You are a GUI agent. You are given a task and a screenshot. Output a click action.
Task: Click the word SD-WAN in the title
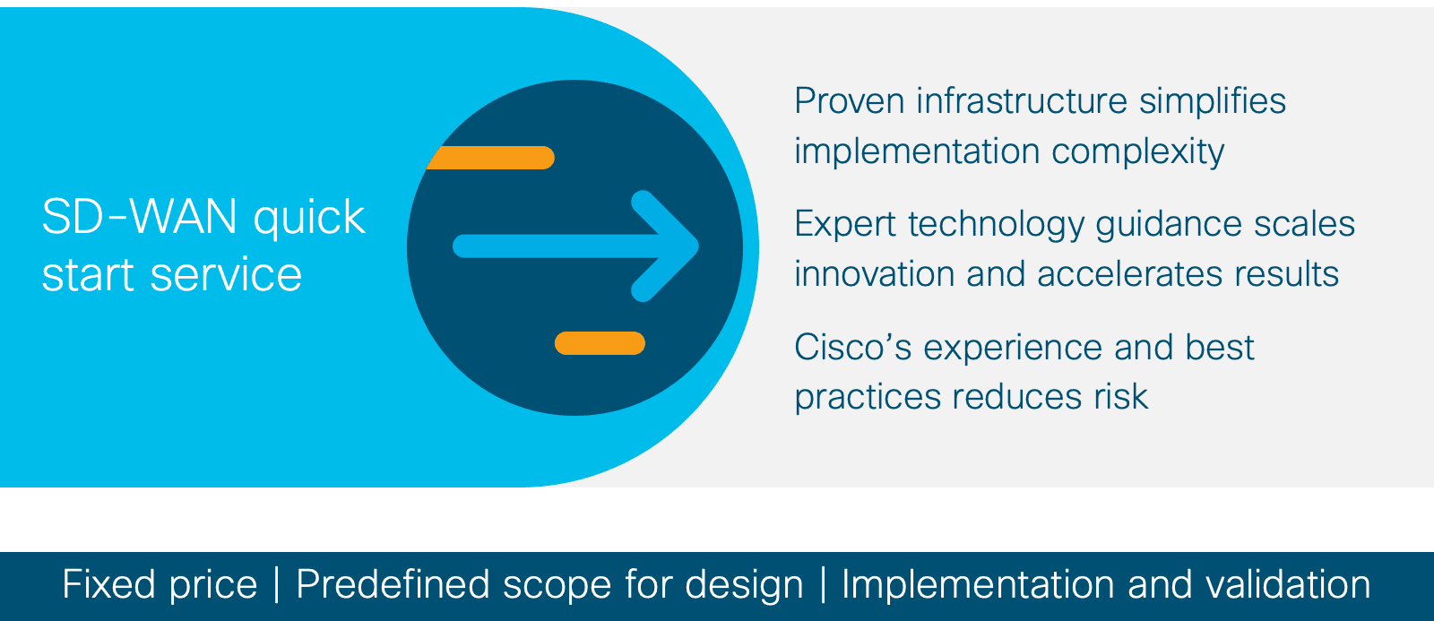139,216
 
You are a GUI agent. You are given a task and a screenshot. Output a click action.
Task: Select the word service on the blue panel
225,275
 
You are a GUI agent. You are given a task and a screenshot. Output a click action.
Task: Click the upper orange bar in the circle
490,158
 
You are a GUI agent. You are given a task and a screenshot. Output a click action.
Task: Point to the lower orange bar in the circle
600,343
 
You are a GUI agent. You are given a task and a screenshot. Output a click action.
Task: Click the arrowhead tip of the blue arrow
698,246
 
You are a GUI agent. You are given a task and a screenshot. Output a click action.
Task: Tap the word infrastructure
1022,101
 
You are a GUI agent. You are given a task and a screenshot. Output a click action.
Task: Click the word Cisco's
852,348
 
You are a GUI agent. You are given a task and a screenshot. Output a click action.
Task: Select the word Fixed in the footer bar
109,585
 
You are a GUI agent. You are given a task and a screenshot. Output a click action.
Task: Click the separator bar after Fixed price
277,585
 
